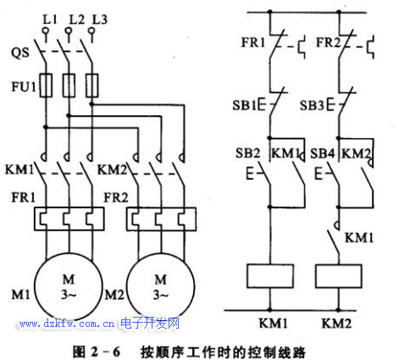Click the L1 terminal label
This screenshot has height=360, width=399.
tap(50, 19)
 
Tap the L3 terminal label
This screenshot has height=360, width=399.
tap(100, 19)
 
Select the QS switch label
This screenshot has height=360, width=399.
tap(20, 53)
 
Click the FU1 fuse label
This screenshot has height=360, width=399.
tap(24, 86)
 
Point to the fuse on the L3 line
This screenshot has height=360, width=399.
tap(91, 86)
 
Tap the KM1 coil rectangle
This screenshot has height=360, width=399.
tap(270, 276)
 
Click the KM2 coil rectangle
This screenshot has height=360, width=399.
tap(339, 276)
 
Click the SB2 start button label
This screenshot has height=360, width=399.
tap(247, 153)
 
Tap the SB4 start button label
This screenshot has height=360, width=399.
tap(322, 153)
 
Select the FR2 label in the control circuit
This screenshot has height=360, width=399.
tap(329, 42)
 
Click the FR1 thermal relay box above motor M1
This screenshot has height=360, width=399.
tap(69, 219)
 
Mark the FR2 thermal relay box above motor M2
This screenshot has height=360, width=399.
tap(161, 219)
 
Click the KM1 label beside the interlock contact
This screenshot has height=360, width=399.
tap(359, 238)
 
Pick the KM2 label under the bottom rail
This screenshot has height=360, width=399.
tap(336, 324)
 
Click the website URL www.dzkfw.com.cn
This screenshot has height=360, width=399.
tap(67, 324)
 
